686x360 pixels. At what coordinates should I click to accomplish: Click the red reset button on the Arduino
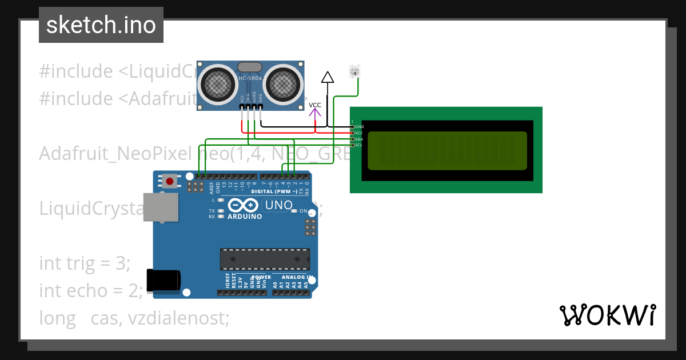(x=169, y=182)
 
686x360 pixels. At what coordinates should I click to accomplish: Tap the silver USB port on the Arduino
(x=161, y=207)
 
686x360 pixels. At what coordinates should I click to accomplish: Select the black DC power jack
(x=163, y=280)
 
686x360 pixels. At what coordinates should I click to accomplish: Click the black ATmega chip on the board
(x=265, y=258)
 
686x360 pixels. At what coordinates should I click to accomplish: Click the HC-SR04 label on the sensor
(x=250, y=78)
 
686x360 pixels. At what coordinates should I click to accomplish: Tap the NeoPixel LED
(x=355, y=71)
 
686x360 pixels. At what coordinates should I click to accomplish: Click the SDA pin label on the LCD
(x=358, y=139)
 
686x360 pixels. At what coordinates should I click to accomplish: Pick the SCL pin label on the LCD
(x=358, y=145)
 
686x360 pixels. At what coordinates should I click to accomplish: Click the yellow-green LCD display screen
(x=446, y=151)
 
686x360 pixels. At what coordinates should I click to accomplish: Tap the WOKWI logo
(x=607, y=315)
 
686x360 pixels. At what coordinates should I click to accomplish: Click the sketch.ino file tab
(x=101, y=25)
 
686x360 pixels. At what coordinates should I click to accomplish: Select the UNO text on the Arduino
(x=278, y=205)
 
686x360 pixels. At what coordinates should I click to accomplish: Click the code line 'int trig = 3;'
(x=85, y=263)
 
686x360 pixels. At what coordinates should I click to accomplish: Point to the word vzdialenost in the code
(x=178, y=318)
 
